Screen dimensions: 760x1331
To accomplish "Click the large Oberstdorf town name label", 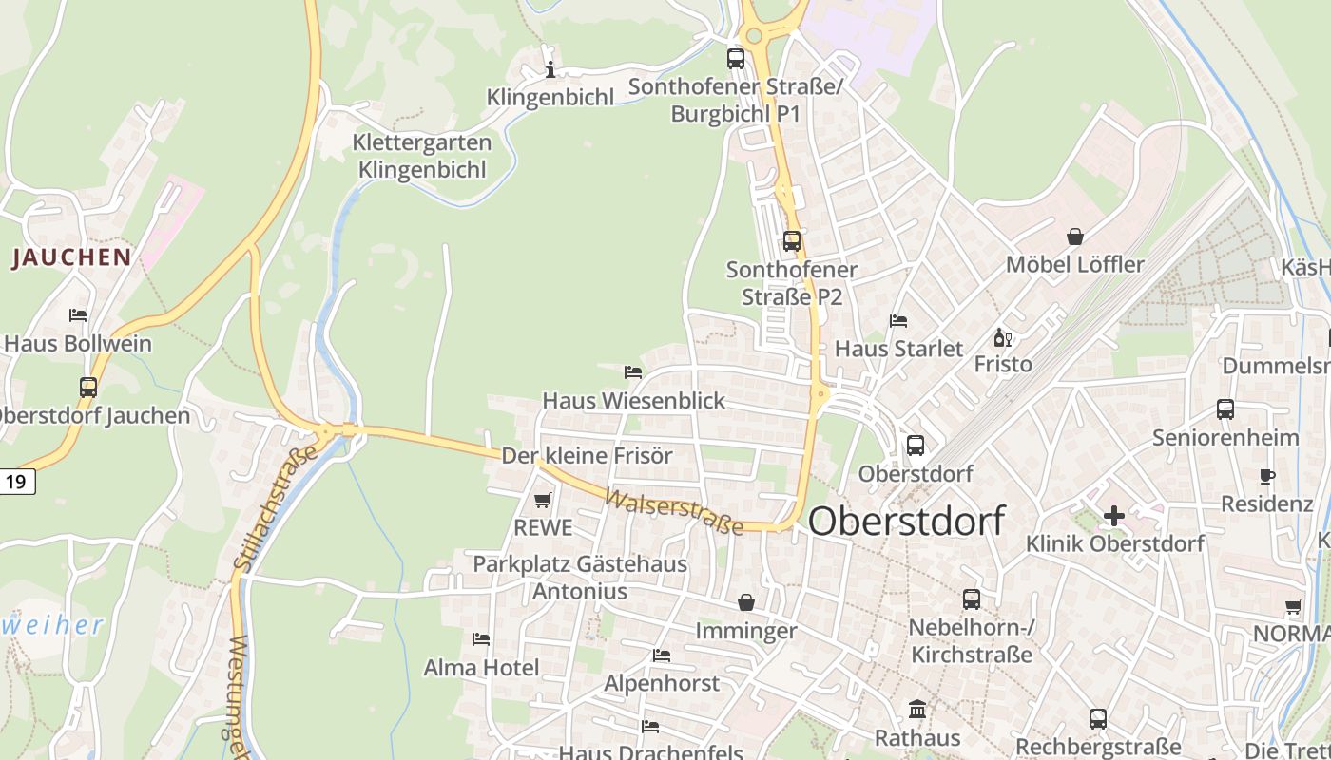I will (x=906, y=521).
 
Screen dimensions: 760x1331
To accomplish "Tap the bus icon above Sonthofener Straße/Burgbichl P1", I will (x=736, y=58).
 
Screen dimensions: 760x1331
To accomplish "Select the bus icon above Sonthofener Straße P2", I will (x=792, y=240).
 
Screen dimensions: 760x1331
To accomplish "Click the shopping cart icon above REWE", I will (x=542, y=500).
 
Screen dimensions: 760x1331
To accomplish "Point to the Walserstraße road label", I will (x=673, y=512).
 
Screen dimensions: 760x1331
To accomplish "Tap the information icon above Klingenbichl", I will (x=550, y=69).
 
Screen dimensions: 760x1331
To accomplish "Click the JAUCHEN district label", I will (x=71, y=257).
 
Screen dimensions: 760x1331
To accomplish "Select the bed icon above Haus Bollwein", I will (x=78, y=314).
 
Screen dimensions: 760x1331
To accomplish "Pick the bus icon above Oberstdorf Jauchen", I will (x=88, y=387).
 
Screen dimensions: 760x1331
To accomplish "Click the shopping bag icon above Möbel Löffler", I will (x=1074, y=236).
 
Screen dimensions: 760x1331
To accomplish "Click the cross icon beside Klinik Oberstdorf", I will (x=1113, y=516).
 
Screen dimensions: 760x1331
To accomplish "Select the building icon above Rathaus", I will (x=917, y=709).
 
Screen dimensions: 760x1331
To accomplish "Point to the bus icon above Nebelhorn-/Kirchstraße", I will (x=971, y=598).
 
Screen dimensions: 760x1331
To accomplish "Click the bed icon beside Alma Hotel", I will (x=481, y=639).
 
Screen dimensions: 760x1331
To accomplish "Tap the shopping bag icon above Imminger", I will (x=746, y=602).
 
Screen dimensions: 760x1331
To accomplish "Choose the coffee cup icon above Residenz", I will (x=1266, y=476).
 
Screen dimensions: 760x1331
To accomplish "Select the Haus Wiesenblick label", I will (x=633, y=401).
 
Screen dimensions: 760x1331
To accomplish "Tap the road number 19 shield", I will (x=16, y=482).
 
